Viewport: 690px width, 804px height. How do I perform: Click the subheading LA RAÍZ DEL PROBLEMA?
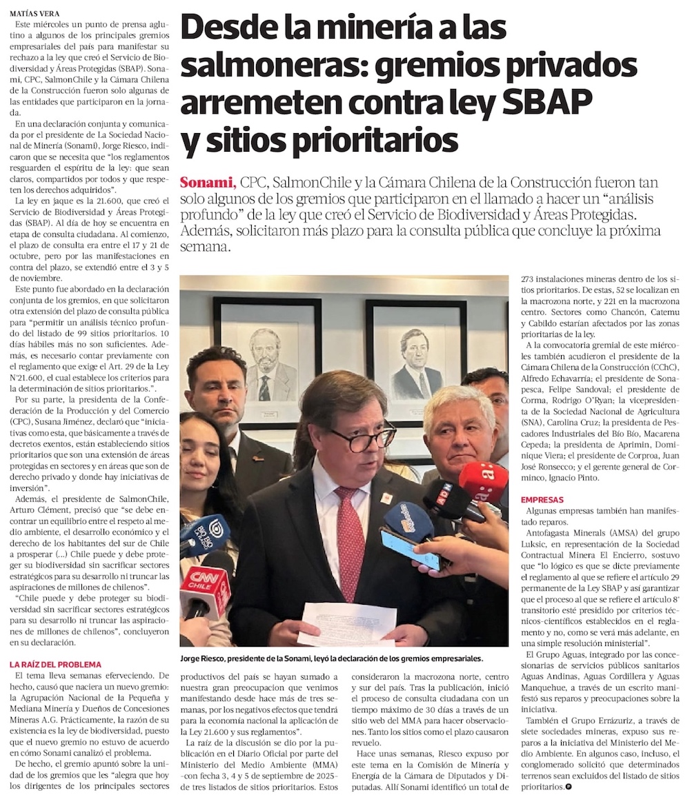[x=55, y=664]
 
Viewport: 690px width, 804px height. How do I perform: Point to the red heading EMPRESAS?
[x=542, y=499]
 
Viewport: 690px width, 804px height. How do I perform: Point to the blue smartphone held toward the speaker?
[x=410, y=549]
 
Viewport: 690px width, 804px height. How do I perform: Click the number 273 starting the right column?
[x=530, y=280]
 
